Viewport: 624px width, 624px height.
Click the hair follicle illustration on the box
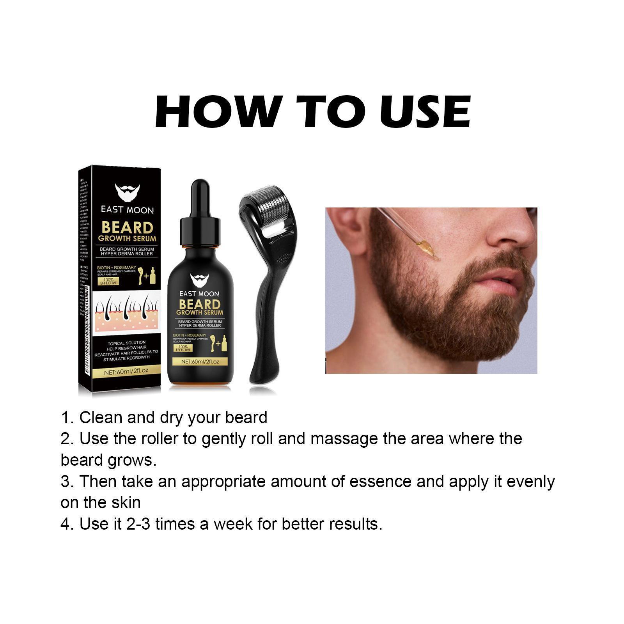coord(127,310)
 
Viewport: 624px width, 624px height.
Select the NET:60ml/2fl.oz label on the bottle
coord(200,362)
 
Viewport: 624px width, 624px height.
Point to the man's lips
coord(507,283)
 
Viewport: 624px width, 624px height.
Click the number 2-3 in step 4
coord(138,524)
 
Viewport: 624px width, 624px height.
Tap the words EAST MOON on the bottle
coord(199,294)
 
